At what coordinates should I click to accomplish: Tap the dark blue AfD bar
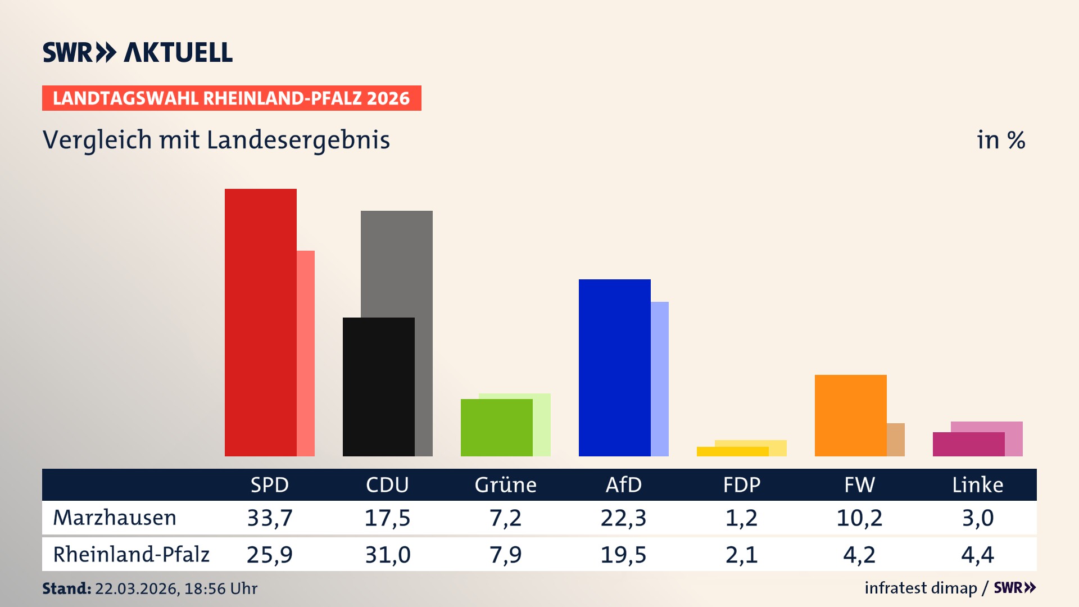click(x=614, y=368)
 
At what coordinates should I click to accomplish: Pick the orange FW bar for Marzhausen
click(x=850, y=415)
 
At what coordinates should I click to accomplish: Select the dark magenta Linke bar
click(x=968, y=444)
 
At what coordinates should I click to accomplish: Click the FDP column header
click(x=741, y=484)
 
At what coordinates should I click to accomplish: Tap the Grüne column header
click(x=505, y=484)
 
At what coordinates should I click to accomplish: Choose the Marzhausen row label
click(x=115, y=518)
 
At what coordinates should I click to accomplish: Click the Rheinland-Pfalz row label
click(x=131, y=554)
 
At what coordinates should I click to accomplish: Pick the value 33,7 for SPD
click(x=270, y=518)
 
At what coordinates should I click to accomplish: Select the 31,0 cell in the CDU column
click(x=388, y=555)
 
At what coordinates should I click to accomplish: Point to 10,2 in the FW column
click(x=859, y=518)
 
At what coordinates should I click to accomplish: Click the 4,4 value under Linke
click(x=977, y=555)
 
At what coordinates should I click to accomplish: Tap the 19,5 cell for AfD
click(x=623, y=555)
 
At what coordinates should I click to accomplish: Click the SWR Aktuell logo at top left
click(x=138, y=52)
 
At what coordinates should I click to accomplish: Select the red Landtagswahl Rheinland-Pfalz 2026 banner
click(x=232, y=98)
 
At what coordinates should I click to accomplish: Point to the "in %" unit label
click(x=1000, y=140)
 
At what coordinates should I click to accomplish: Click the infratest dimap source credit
click(x=921, y=588)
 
